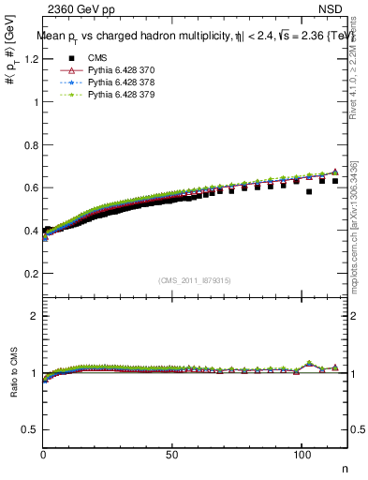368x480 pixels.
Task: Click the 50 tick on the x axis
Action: pos(172,453)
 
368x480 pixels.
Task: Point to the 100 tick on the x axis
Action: pos(302,453)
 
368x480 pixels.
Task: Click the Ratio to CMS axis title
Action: pos(13,387)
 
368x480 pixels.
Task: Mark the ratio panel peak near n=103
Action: pos(309,363)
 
